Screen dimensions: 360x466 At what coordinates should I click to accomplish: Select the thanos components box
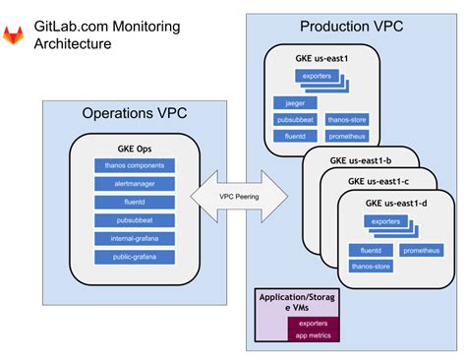pos(132,165)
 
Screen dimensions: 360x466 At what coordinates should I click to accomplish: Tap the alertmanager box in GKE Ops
pos(132,184)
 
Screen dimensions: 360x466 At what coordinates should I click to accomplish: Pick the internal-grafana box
pos(132,238)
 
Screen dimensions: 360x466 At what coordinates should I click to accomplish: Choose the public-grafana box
pos(132,257)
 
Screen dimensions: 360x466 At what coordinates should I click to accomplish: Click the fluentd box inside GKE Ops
pos(132,202)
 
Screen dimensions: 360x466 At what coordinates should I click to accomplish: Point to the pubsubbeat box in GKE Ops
pos(132,220)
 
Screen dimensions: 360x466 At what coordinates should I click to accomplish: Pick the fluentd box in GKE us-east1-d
pos(366,251)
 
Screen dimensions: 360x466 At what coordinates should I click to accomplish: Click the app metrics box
pos(313,335)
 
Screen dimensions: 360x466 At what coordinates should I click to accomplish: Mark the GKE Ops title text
pos(132,149)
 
